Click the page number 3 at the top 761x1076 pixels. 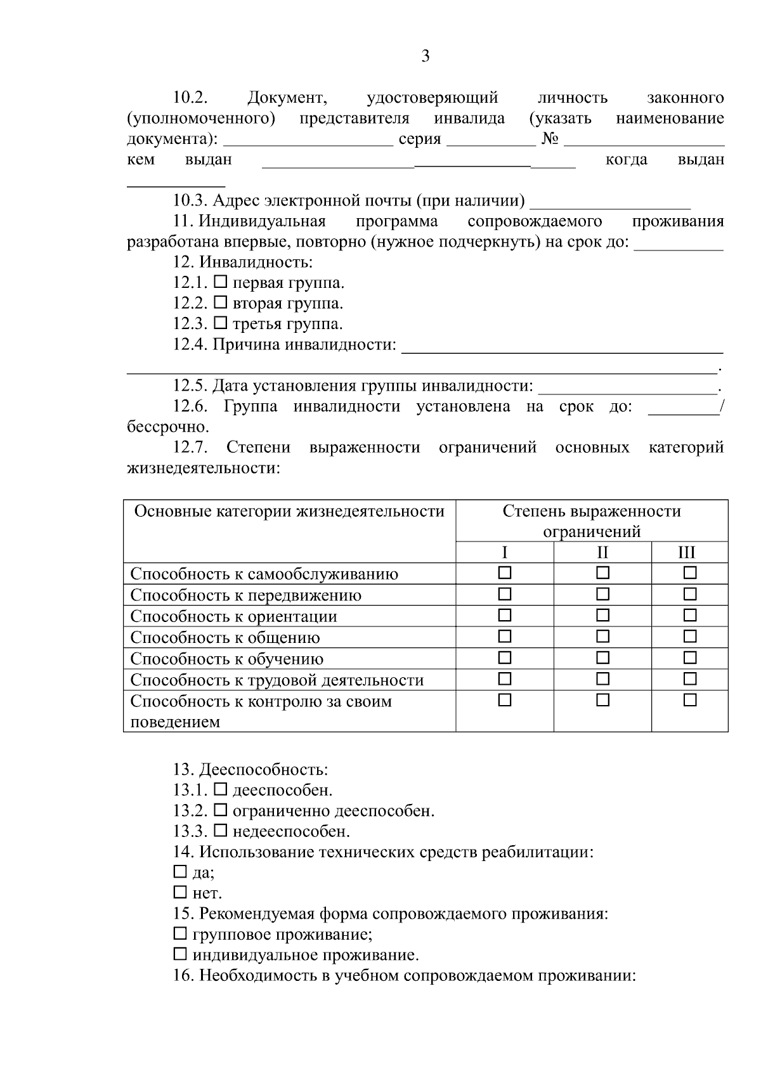tap(425, 56)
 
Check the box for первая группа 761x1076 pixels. tap(220, 282)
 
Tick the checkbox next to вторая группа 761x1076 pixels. tap(220, 302)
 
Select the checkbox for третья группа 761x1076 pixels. tap(220, 323)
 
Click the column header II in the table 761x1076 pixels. tap(602, 552)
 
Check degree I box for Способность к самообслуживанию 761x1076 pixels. tap(504, 573)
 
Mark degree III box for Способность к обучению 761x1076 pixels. tap(690, 658)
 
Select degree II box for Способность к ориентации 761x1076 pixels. tap(602, 615)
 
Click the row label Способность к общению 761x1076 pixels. tap(225, 637)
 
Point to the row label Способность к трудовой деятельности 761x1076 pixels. tap(276, 680)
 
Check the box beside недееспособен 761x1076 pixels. tap(220, 829)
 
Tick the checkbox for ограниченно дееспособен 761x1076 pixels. tap(220, 809)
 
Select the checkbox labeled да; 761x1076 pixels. tap(179, 871)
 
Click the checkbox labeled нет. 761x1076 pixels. tap(179, 892)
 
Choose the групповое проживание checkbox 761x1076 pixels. tap(179, 933)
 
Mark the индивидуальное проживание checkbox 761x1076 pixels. tap(179, 954)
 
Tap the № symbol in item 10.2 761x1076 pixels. tap(550, 139)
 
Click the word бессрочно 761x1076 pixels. tap(167, 427)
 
